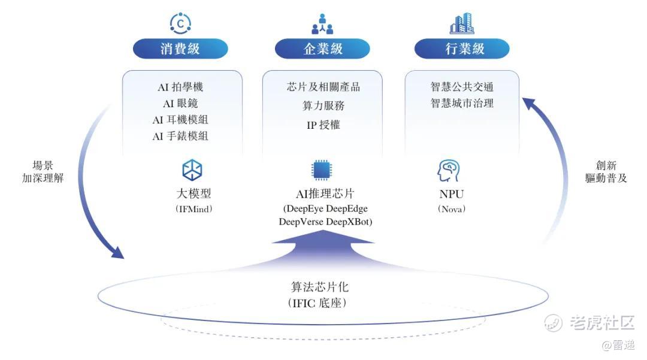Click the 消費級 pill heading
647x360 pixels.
[x=180, y=49]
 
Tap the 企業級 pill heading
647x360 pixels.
[x=322, y=49]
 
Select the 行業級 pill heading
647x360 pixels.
[x=462, y=49]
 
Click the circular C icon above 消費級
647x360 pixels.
[x=180, y=23]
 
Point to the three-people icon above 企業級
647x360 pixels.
[x=322, y=24]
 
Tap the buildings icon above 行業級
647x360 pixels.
[x=462, y=23]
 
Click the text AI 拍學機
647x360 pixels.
[x=180, y=87]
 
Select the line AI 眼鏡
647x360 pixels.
[x=180, y=104]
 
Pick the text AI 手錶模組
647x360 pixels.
[x=180, y=136]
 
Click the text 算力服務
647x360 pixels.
[x=323, y=105]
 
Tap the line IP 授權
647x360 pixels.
[x=323, y=125]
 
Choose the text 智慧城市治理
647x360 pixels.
[x=462, y=103]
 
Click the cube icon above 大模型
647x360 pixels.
[x=192, y=170]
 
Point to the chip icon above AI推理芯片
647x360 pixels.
[x=322, y=170]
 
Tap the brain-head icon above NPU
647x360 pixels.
[x=449, y=171]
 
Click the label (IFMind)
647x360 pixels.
[x=194, y=209]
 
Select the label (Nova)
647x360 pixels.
[x=452, y=209]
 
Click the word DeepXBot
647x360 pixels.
[x=349, y=222]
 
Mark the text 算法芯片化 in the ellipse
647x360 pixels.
[x=320, y=286]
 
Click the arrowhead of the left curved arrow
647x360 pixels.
[x=117, y=252]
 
